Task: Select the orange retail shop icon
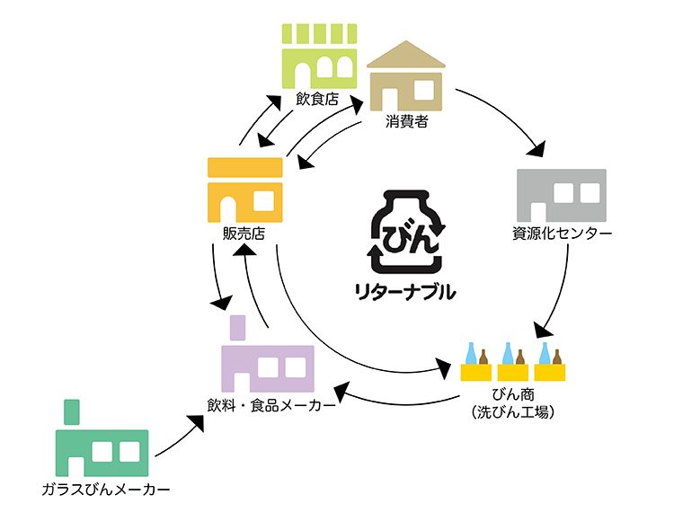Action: (244, 190)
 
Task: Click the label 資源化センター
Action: (562, 234)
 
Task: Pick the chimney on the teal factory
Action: (72, 411)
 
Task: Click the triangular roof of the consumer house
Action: (406, 56)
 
